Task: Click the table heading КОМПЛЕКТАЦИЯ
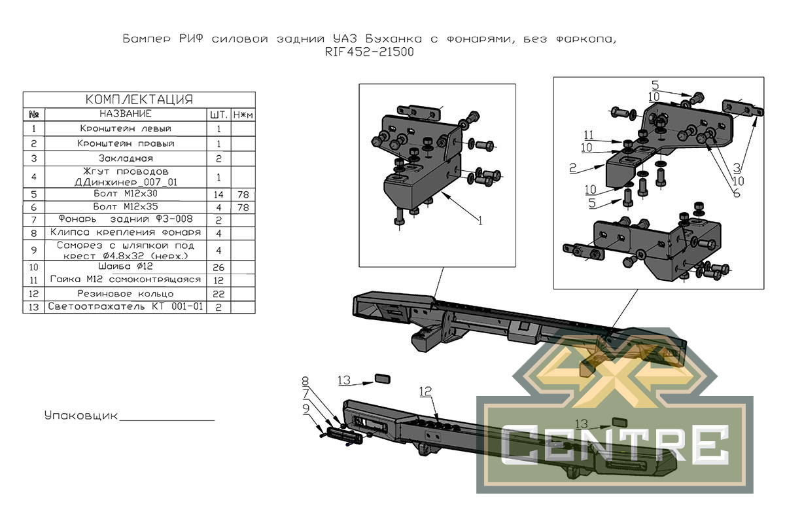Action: (x=139, y=100)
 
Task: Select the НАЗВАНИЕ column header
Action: (x=125, y=114)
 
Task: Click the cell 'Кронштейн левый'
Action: (x=125, y=128)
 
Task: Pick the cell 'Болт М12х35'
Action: (x=125, y=208)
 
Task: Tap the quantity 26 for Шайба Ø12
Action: (x=218, y=267)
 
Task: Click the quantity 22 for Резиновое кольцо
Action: (x=218, y=294)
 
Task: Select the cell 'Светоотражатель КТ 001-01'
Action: (x=125, y=307)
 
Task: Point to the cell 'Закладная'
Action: (x=125, y=158)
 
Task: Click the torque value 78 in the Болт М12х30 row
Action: (x=243, y=195)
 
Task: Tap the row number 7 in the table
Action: (x=33, y=220)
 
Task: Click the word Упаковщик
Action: (x=80, y=416)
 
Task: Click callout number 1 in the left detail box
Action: (x=480, y=221)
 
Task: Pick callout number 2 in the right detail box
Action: (x=572, y=168)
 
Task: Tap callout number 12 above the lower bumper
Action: (x=426, y=391)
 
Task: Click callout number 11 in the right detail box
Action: (x=589, y=135)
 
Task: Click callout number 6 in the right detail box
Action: (x=736, y=194)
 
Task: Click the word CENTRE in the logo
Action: (x=615, y=444)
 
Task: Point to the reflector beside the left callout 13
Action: (x=381, y=378)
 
